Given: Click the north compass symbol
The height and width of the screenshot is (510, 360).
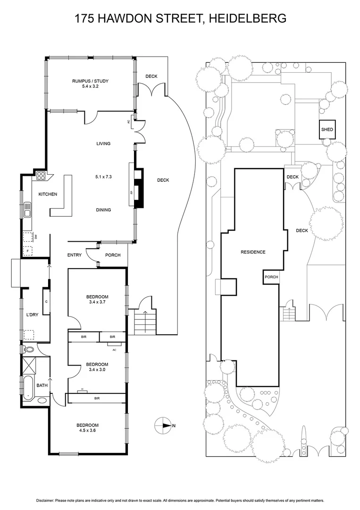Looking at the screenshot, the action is pos(163,425).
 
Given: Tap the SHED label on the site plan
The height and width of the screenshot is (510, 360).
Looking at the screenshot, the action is pos(327,129).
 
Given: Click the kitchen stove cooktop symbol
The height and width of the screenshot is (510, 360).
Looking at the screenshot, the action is pos(41,177).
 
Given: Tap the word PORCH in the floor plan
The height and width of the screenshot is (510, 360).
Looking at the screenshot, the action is pos(113,255).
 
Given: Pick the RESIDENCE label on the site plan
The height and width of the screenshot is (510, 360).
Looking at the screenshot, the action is pos(253,252).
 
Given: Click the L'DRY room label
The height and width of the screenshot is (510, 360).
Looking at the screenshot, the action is pos(33,314).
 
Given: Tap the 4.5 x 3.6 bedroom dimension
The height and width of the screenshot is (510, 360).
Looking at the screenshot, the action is pos(88,431).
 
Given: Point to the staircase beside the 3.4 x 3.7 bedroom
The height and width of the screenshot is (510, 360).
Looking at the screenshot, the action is pos(145,321).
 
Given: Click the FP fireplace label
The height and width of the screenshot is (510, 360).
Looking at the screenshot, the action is pos(131,193).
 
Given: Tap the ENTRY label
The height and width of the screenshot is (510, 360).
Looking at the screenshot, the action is pos(75,255).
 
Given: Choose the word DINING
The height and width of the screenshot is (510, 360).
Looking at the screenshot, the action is pos(103,210).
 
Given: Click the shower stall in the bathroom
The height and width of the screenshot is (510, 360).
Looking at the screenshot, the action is pos(29,366).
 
